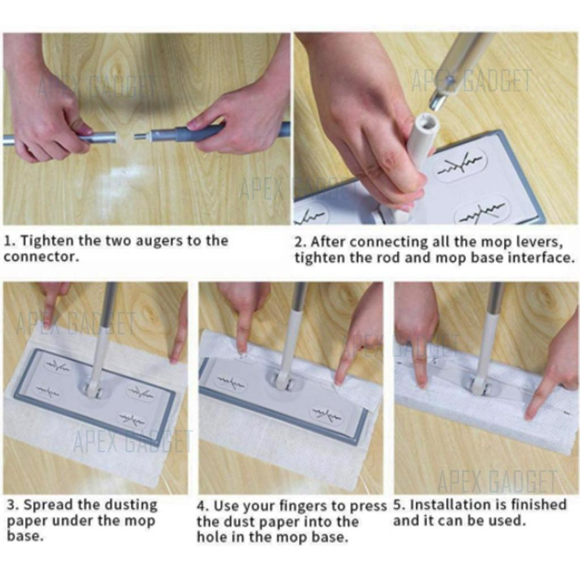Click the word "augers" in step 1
(159, 241)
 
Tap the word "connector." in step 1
(42, 257)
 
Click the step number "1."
(10, 241)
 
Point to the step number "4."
(203, 506)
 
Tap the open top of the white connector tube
(428, 123)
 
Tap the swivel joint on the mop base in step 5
(480, 386)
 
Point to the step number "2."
(300, 242)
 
